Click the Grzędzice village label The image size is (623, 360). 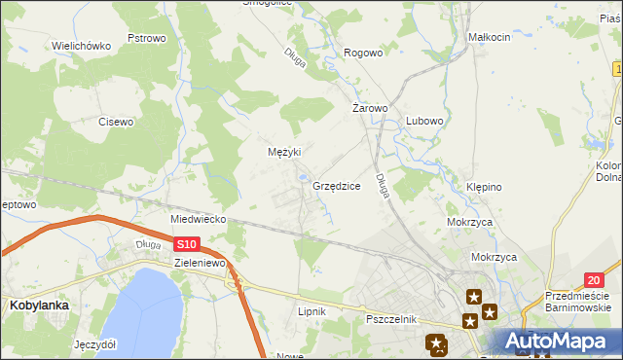coord(337,185)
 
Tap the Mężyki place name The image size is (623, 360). coord(284,152)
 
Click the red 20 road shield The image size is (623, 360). coord(595,252)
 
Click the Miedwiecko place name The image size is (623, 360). coord(198,220)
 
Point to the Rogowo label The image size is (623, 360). coord(363,54)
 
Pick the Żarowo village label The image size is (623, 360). coord(370,109)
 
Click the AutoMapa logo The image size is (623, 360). coord(559,342)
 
